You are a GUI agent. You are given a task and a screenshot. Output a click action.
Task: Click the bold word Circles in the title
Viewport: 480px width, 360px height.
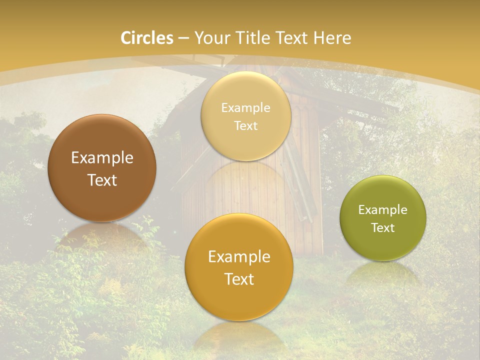coord(147,38)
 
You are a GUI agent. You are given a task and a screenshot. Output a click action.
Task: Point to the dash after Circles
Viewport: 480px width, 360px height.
coord(183,38)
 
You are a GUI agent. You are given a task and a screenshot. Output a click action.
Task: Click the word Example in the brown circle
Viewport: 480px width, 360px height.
coord(102,158)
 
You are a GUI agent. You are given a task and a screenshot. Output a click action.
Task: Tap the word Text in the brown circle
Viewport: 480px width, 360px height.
coord(102,180)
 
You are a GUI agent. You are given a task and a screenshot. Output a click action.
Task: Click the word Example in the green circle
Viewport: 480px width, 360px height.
coord(383,209)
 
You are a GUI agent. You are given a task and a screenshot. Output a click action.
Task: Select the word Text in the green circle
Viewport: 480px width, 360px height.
coord(383,227)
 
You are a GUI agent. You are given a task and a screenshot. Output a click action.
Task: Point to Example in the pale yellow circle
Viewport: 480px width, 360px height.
coord(245,107)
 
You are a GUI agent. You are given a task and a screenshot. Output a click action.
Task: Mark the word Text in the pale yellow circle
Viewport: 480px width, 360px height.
coord(245,125)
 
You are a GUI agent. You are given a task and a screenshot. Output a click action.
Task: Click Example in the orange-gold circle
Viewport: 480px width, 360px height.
coord(239,257)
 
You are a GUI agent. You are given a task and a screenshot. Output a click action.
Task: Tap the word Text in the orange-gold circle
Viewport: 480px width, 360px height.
coord(239,279)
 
